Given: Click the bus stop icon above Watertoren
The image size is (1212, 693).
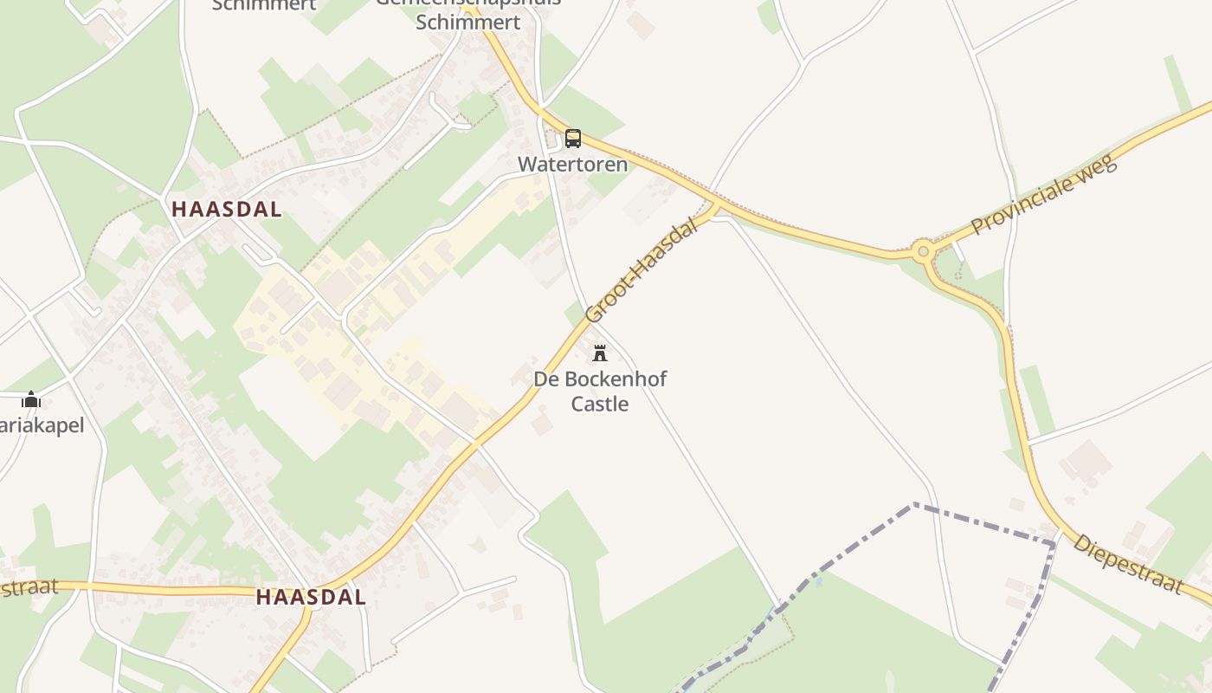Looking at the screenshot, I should pyautogui.click(x=573, y=139).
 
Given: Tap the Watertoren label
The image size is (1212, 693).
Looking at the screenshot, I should pyautogui.click(x=572, y=164).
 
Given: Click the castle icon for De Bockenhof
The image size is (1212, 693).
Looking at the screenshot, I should pyautogui.click(x=599, y=353).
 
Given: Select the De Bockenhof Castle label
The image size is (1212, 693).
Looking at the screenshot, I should pyautogui.click(x=600, y=391).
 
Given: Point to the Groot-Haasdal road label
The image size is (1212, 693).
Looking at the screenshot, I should pyautogui.click(x=641, y=271).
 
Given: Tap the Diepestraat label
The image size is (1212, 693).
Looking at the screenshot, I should pyautogui.click(x=1127, y=564).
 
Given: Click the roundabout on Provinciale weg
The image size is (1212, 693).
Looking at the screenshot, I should pyautogui.click(x=923, y=252).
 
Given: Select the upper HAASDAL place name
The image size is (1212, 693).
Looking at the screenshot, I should pyautogui.click(x=227, y=209).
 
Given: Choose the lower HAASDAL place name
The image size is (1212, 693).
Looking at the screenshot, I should pyautogui.click(x=311, y=597).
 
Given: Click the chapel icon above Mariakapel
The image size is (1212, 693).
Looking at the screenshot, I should pyautogui.click(x=31, y=399).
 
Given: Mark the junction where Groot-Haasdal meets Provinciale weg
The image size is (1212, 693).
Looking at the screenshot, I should pyautogui.click(x=715, y=207).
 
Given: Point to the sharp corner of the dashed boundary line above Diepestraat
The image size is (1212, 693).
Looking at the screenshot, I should pyautogui.click(x=1054, y=543).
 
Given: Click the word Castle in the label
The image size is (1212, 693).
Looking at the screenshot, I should pyautogui.click(x=600, y=404).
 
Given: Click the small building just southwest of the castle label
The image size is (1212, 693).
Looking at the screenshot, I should pyautogui.click(x=542, y=424).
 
